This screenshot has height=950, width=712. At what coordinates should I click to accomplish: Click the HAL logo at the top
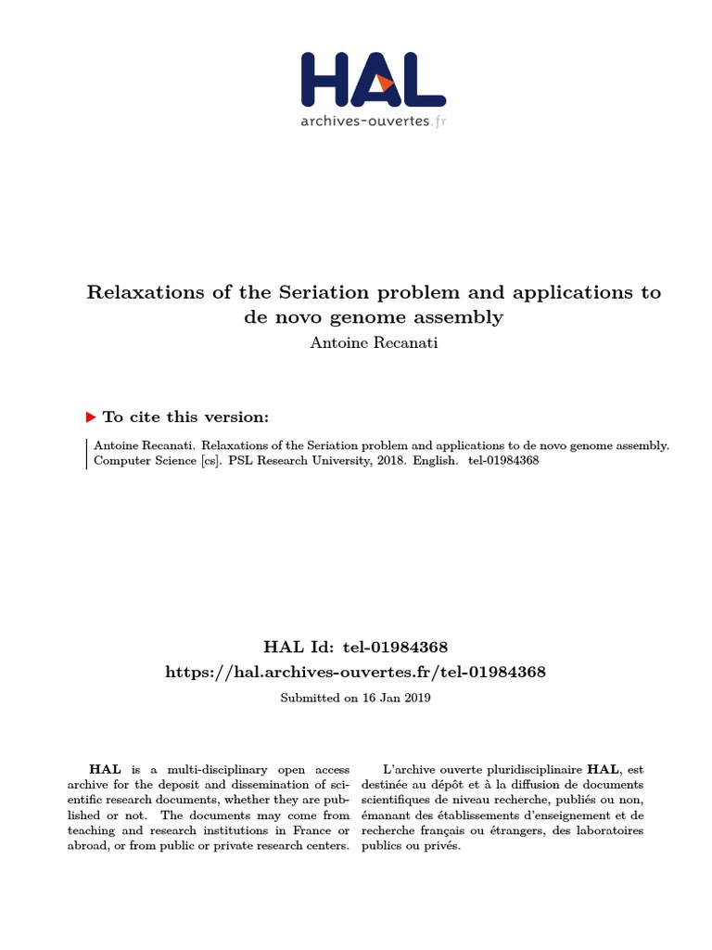pyautogui.click(x=373, y=79)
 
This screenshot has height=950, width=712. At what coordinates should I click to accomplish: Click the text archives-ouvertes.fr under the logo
pyautogui.click(x=373, y=121)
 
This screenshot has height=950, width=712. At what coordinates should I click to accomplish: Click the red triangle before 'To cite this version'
pyautogui.click(x=91, y=417)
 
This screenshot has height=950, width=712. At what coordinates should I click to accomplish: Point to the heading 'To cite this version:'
pyautogui.click(x=185, y=417)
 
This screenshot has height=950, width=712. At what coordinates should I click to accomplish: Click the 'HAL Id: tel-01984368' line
pyautogui.click(x=355, y=646)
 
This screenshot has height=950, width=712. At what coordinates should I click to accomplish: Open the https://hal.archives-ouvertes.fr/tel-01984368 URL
pyautogui.click(x=355, y=672)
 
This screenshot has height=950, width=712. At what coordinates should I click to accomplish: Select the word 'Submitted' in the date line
pyautogui.click(x=311, y=698)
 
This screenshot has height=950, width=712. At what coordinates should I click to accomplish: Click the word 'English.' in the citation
pyautogui.click(x=436, y=461)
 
